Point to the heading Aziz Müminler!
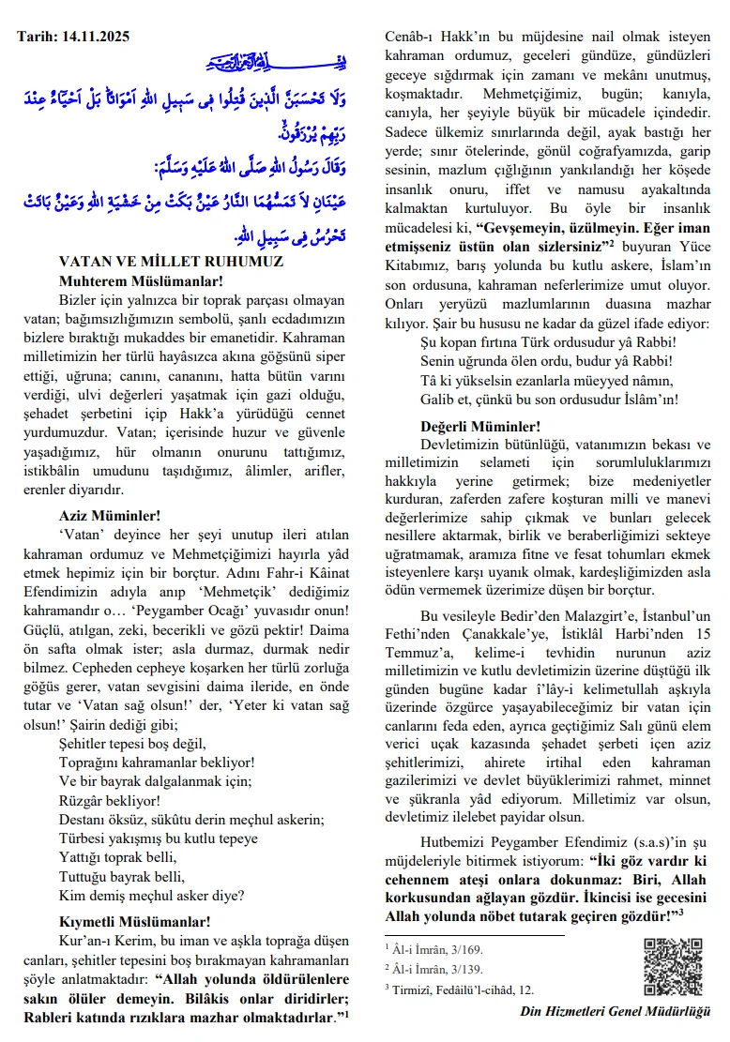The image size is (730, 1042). click(109, 515)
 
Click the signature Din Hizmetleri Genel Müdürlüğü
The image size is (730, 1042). click(615, 1011)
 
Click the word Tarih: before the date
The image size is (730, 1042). click(37, 37)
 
